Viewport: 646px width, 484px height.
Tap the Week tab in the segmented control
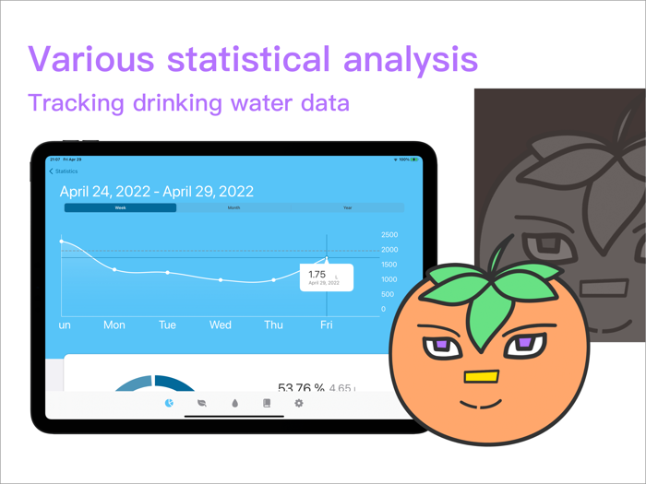(x=120, y=208)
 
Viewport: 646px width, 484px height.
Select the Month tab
(x=233, y=208)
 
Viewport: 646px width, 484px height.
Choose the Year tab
(x=347, y=208)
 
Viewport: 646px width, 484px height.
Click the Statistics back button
(x=64, y=171)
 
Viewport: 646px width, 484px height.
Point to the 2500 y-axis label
(x=389, y=235)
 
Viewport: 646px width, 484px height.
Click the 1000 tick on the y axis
(x=389, y=279)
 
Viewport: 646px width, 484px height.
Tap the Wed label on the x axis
(x=221, y=325)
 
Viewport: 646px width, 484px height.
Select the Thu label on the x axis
(x=274, y=325)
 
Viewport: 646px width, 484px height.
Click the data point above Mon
(x=114, y=270)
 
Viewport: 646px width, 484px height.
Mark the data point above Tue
(x=167, y=273)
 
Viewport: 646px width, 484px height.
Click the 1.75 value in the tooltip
(x=317, y=275)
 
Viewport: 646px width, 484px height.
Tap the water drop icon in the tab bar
(x=234, y=404)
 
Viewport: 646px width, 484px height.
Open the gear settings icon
(x=298, y=404)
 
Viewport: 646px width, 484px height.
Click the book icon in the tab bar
(x=267, y=404)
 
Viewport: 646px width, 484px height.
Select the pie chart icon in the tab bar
(x=169, y=404)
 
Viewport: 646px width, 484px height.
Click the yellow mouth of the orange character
(x=481, y=376)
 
